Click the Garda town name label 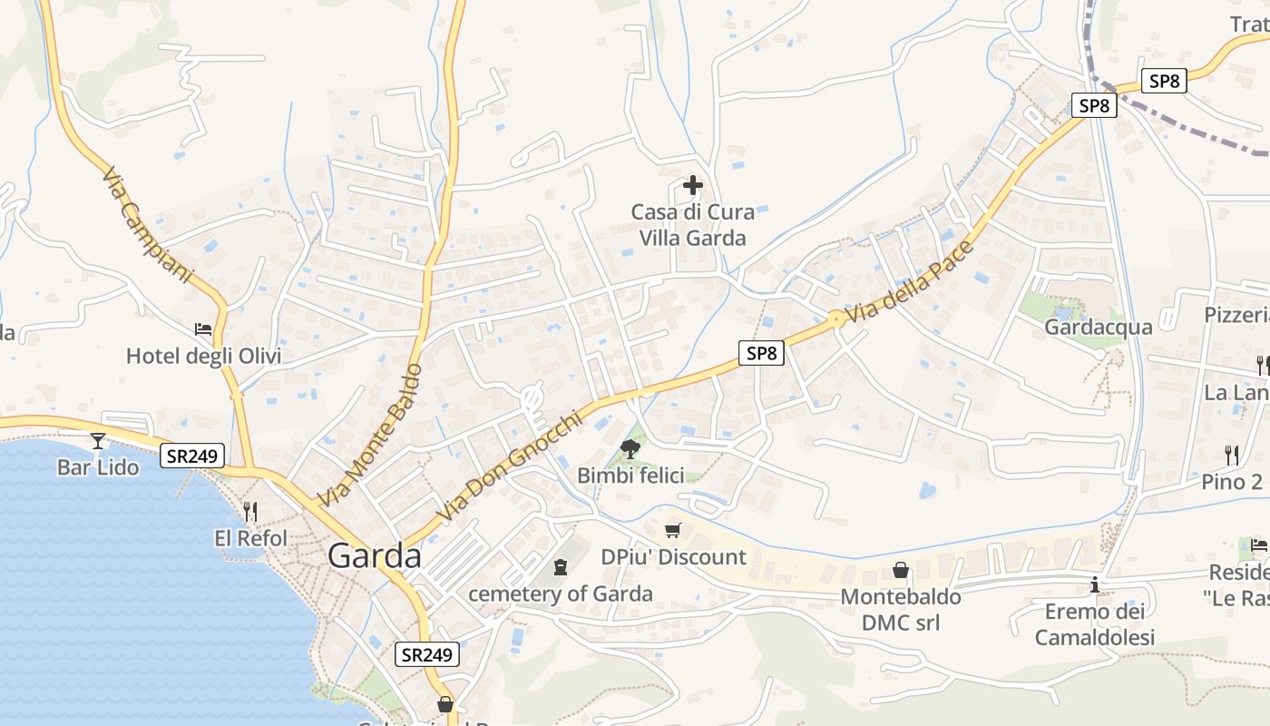pyautogui.click(x=375, y=555)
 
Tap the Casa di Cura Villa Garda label pyautogui.click(x=692, y=225)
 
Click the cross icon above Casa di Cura pyautogui.click(x=693, y=186)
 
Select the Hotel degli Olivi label pyautogui.click(x=203, y=356)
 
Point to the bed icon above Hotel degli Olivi pyautogui.click(x=203, y=329)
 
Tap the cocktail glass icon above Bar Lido pyautogui.click(x=98, y=441)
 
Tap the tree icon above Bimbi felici pyautogui.click(x=629, y=447)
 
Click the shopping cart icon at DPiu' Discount pyautogui.click(x=672, y=530)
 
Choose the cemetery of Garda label pyautogui.click(x=561, y=594)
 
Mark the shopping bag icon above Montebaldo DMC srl pyautogui.click(x=901, y=570)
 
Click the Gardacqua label pyautogui.click(x=1099, y=327)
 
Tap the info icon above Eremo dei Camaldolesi pyautogui.click(x=1095, y=585)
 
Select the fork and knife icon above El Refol pyautogui.click(x=250, y=512)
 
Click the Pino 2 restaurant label pyautogui.click(x=1232, y=482)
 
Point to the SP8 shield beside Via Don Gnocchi pyautogui.click(x=761, y=353)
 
